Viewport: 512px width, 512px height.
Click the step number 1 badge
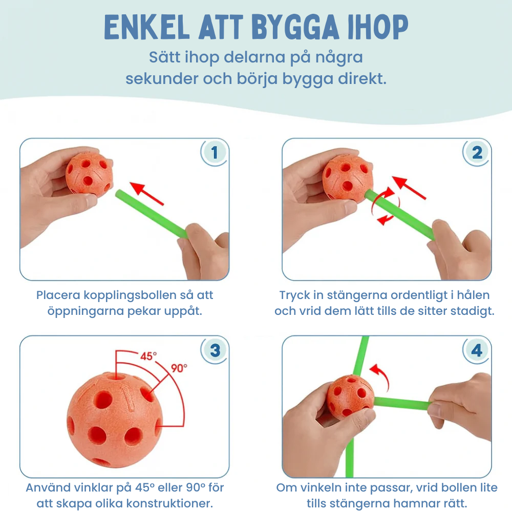click(x=214, y=152)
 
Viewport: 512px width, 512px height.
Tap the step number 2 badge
click(x=477, y=152)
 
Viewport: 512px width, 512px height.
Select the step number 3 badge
click(x=215, y=350)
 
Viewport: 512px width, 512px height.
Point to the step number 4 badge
click(x=477, y=350)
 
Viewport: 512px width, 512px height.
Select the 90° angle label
click(x=179, y=368)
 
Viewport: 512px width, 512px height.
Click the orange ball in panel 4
click(x=350, y=397)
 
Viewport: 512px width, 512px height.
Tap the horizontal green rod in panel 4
click(x=402, y=403)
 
